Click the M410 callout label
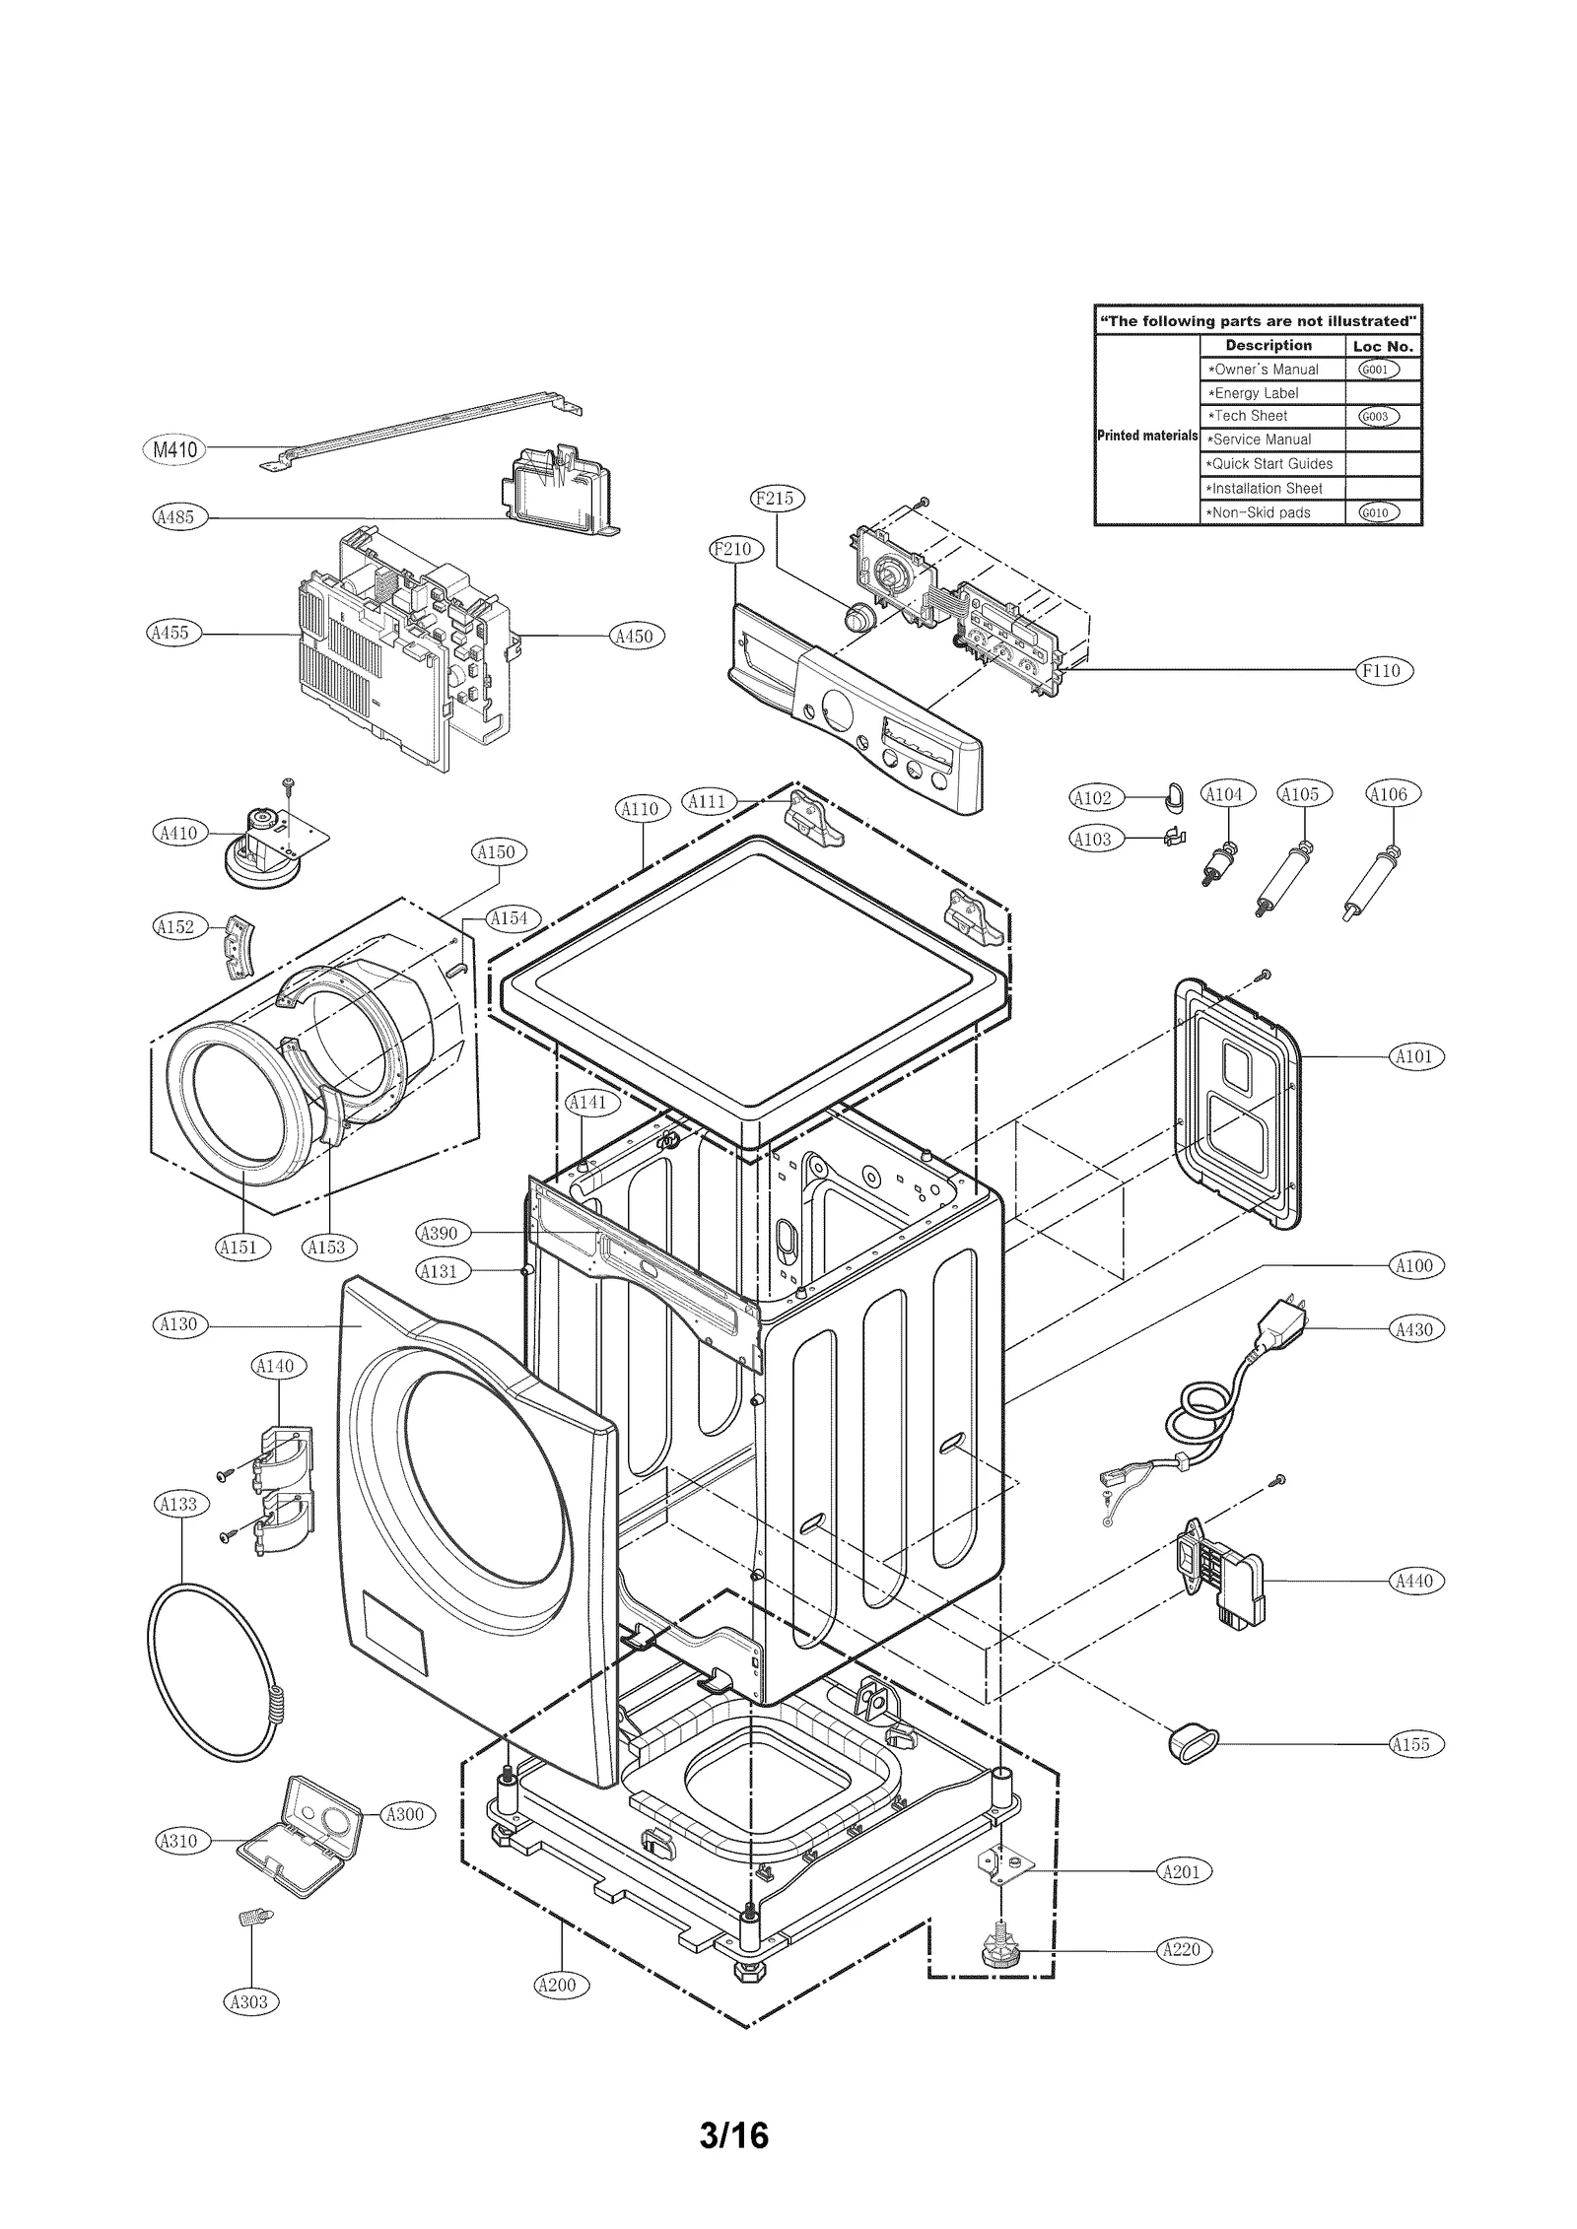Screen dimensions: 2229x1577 [175, 450]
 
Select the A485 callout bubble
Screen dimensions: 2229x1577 [180, 516]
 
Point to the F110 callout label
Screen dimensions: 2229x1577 [1385, 671]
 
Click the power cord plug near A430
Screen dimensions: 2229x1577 [1280, 1323]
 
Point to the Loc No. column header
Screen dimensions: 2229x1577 [1383, 346]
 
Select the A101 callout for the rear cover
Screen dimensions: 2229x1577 [1416, 1057]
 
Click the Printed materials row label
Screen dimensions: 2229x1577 [1147, 436]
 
